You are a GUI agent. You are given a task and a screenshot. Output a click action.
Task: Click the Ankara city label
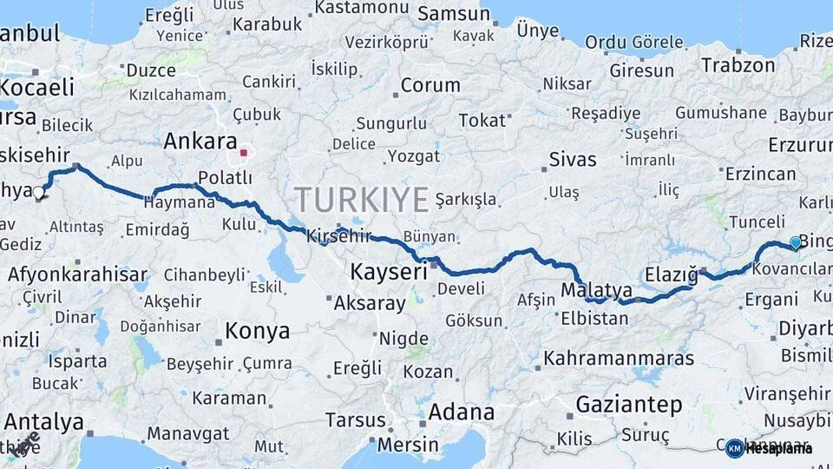click(x=200, y=141)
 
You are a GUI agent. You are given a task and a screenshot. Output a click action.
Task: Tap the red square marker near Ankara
click(x=245, y=153)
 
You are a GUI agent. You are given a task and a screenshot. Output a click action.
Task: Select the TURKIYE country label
click(x=361, y=200)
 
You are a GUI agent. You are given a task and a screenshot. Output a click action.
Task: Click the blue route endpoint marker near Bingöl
click(x=796, y=243)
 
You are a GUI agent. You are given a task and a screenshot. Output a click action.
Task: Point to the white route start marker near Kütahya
click(x=38, y=192)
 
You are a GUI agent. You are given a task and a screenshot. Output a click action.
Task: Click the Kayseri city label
click(x=389, y=273)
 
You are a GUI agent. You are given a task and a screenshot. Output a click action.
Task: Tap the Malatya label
click(x=596, y=289)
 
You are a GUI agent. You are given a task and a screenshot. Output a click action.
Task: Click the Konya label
click(x=257, y=331)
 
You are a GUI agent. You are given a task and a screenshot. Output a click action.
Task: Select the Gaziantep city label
click(x=629, y=404)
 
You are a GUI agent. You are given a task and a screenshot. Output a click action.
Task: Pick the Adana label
click(x=462, y=411)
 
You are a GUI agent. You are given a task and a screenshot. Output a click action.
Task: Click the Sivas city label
click(x=573, y=159)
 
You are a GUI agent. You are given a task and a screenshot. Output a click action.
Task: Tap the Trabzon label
click(x=738, y=65)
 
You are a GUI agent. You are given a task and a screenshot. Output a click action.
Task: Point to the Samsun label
click(x=454, y=14)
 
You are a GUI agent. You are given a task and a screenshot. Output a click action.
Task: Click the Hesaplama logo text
click(x=779, y=448)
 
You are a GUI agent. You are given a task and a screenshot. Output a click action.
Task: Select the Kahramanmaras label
click(x=619, y=358)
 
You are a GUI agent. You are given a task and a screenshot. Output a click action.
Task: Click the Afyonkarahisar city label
click(x=77, y=275)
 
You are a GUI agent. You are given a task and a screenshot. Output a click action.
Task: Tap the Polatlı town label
click(x=225, y=177)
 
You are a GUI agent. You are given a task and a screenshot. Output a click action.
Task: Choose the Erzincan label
click(x=760, y=174)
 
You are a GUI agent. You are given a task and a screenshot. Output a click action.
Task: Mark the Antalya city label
click(x=43, y=423)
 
